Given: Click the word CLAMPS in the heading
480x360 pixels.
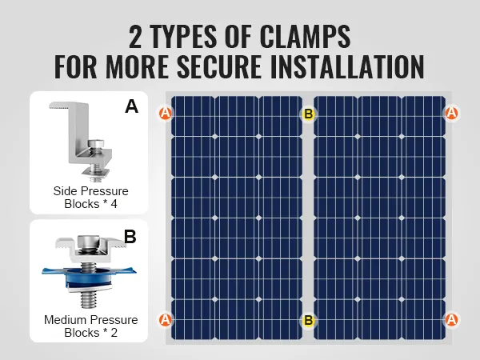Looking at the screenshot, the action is click(x=306, y=37).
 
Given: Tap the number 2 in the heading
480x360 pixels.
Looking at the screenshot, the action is click(x=135, y=37).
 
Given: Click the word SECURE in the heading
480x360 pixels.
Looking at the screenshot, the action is click(x=219, y=66).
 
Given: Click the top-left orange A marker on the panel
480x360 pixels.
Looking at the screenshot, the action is click(x=166, y=114).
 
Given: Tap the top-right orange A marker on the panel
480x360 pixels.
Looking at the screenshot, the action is click(x=451, y=113).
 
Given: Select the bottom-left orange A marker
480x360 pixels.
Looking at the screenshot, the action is click(x=166, y=320).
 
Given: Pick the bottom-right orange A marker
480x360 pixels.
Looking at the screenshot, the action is click(x=451, y=320).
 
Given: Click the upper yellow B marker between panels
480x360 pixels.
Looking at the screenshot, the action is click(x=308, y=114).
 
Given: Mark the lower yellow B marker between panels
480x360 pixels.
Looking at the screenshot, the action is click(x=308, y=320).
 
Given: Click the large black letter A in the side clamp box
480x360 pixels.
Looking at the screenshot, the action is click(x=132, y=106).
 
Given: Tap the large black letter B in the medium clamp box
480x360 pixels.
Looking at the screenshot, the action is click(x=130, y=237).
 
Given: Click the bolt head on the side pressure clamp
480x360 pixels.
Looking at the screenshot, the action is click(x=96, y=145).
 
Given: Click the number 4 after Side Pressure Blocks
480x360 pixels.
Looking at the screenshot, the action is click(x=114, y=204).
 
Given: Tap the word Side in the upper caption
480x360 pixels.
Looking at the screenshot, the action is click(x=65, y=191).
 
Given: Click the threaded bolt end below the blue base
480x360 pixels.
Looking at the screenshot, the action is click(x=89, y=299).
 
